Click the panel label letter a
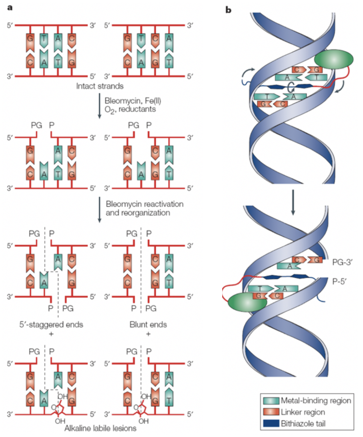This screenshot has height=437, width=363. [10, 8]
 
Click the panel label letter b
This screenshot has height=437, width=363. [228, 10]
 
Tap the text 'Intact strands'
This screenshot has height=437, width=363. [100, 86]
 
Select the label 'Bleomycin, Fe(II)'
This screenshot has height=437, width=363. [133, 100]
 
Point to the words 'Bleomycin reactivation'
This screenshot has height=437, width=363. [144, 204]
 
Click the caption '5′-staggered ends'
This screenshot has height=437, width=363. [51, 325]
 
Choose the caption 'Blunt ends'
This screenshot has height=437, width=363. [148, 325]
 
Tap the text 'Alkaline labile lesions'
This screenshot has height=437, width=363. [100, 428]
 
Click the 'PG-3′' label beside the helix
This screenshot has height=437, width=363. [342, 262]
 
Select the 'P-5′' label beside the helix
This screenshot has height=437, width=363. [339, 281]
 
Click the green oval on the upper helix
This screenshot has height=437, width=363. [334, 59]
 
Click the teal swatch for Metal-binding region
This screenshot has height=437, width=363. [271, 401]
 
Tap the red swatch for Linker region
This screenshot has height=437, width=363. [271, 412]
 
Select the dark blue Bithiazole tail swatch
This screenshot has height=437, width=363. [271, 423]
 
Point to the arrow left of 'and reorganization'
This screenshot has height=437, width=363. [100, 210]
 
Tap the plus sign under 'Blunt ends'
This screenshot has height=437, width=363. [148, 334]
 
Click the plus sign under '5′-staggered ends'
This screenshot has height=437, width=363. [51, 334]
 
